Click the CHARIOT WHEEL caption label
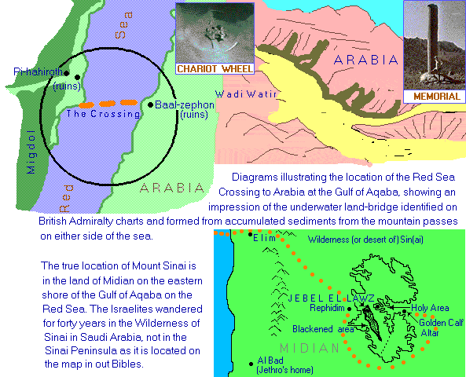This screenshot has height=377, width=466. tap(215, 69)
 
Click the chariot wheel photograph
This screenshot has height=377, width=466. tap(215, 31)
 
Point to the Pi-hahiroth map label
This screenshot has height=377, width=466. tap(37, 71)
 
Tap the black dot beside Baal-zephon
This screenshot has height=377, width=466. tap(150, 104)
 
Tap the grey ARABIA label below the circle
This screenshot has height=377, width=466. tap(167, 188)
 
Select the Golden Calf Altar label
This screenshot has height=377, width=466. tap(439, 328)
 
